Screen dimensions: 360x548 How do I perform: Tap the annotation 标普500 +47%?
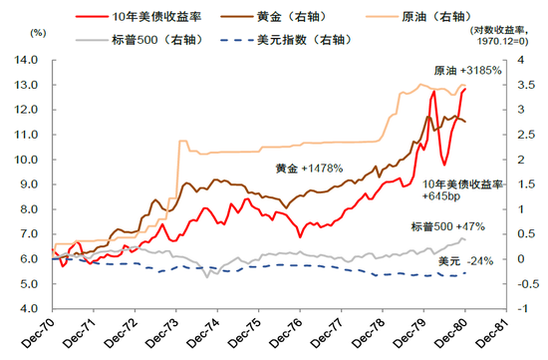click(x=445, y=226)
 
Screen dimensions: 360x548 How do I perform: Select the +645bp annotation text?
click(x=440, y=197)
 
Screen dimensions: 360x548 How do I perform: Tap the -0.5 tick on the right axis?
click(x=515, y=284)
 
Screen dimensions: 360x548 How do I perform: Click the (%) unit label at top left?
click(x=39, y=32)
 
